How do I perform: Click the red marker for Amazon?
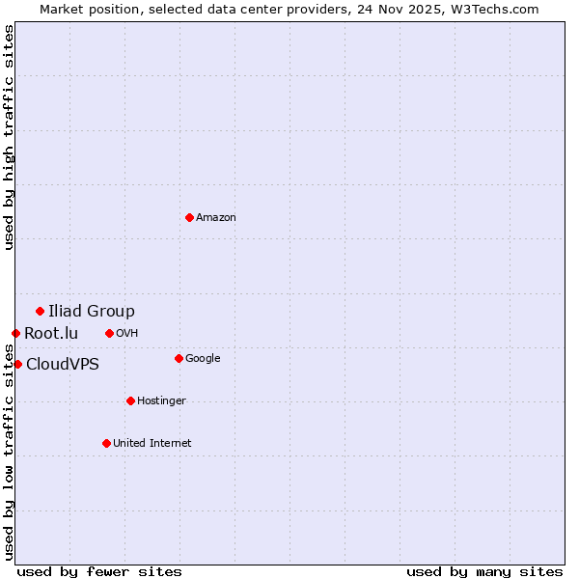189,217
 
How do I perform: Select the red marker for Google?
179,358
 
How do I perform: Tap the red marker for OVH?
109,333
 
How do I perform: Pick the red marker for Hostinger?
130,400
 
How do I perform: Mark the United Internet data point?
106,443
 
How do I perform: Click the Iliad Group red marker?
40,311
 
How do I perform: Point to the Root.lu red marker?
15,333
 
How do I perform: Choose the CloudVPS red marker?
17,364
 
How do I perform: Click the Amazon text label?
216,218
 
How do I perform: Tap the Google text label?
203,359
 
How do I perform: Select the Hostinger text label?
161,401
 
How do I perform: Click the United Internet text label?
152,444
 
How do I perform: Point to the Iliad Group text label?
92,311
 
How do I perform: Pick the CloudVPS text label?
63,365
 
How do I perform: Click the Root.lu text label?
51,334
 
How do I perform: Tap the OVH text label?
127,334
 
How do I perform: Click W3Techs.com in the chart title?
494,10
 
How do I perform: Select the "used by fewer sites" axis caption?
99,571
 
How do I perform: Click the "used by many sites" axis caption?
484,571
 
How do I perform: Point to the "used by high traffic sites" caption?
10,137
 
